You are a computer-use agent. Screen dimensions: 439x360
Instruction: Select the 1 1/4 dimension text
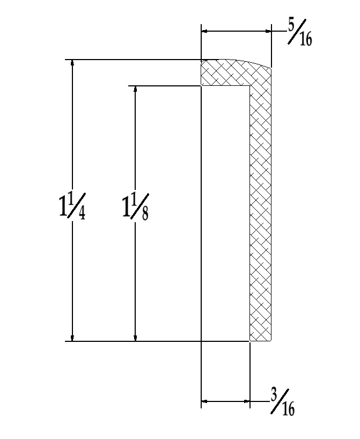[x=71, y=206]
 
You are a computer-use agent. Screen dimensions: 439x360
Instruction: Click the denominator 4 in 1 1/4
[x=81, y=213]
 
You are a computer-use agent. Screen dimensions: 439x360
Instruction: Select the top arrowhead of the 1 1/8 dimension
[x=135, y=90]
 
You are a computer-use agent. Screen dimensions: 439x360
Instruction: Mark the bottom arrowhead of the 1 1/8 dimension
[x=135, y=336]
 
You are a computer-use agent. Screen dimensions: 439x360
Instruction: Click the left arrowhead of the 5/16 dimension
[x=205, y=32]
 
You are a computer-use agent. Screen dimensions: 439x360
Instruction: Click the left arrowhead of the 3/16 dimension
[x=205, y=401]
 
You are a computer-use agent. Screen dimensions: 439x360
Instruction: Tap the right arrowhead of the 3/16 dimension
[x=246, y=401]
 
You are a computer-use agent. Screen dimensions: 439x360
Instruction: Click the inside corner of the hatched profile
[x=250, y=86]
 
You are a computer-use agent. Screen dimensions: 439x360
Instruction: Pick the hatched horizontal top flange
[x=225, y=73]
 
